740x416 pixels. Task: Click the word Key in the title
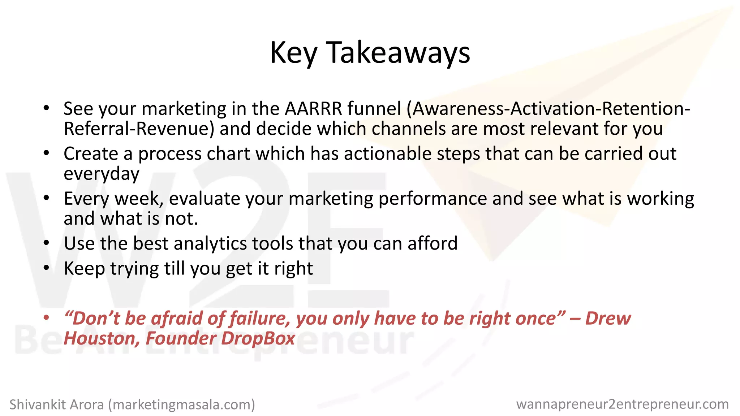pos(293,53)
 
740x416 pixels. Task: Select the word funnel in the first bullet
pos(374,108)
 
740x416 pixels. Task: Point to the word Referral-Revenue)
pos(139,129)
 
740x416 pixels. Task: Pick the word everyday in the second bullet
pos(102,174)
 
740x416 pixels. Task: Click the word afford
pos(433,243)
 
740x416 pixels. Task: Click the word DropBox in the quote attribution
pos(258,339)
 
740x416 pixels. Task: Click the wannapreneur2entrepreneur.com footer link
pos(622,404)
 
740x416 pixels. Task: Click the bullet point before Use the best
pos(46,243)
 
